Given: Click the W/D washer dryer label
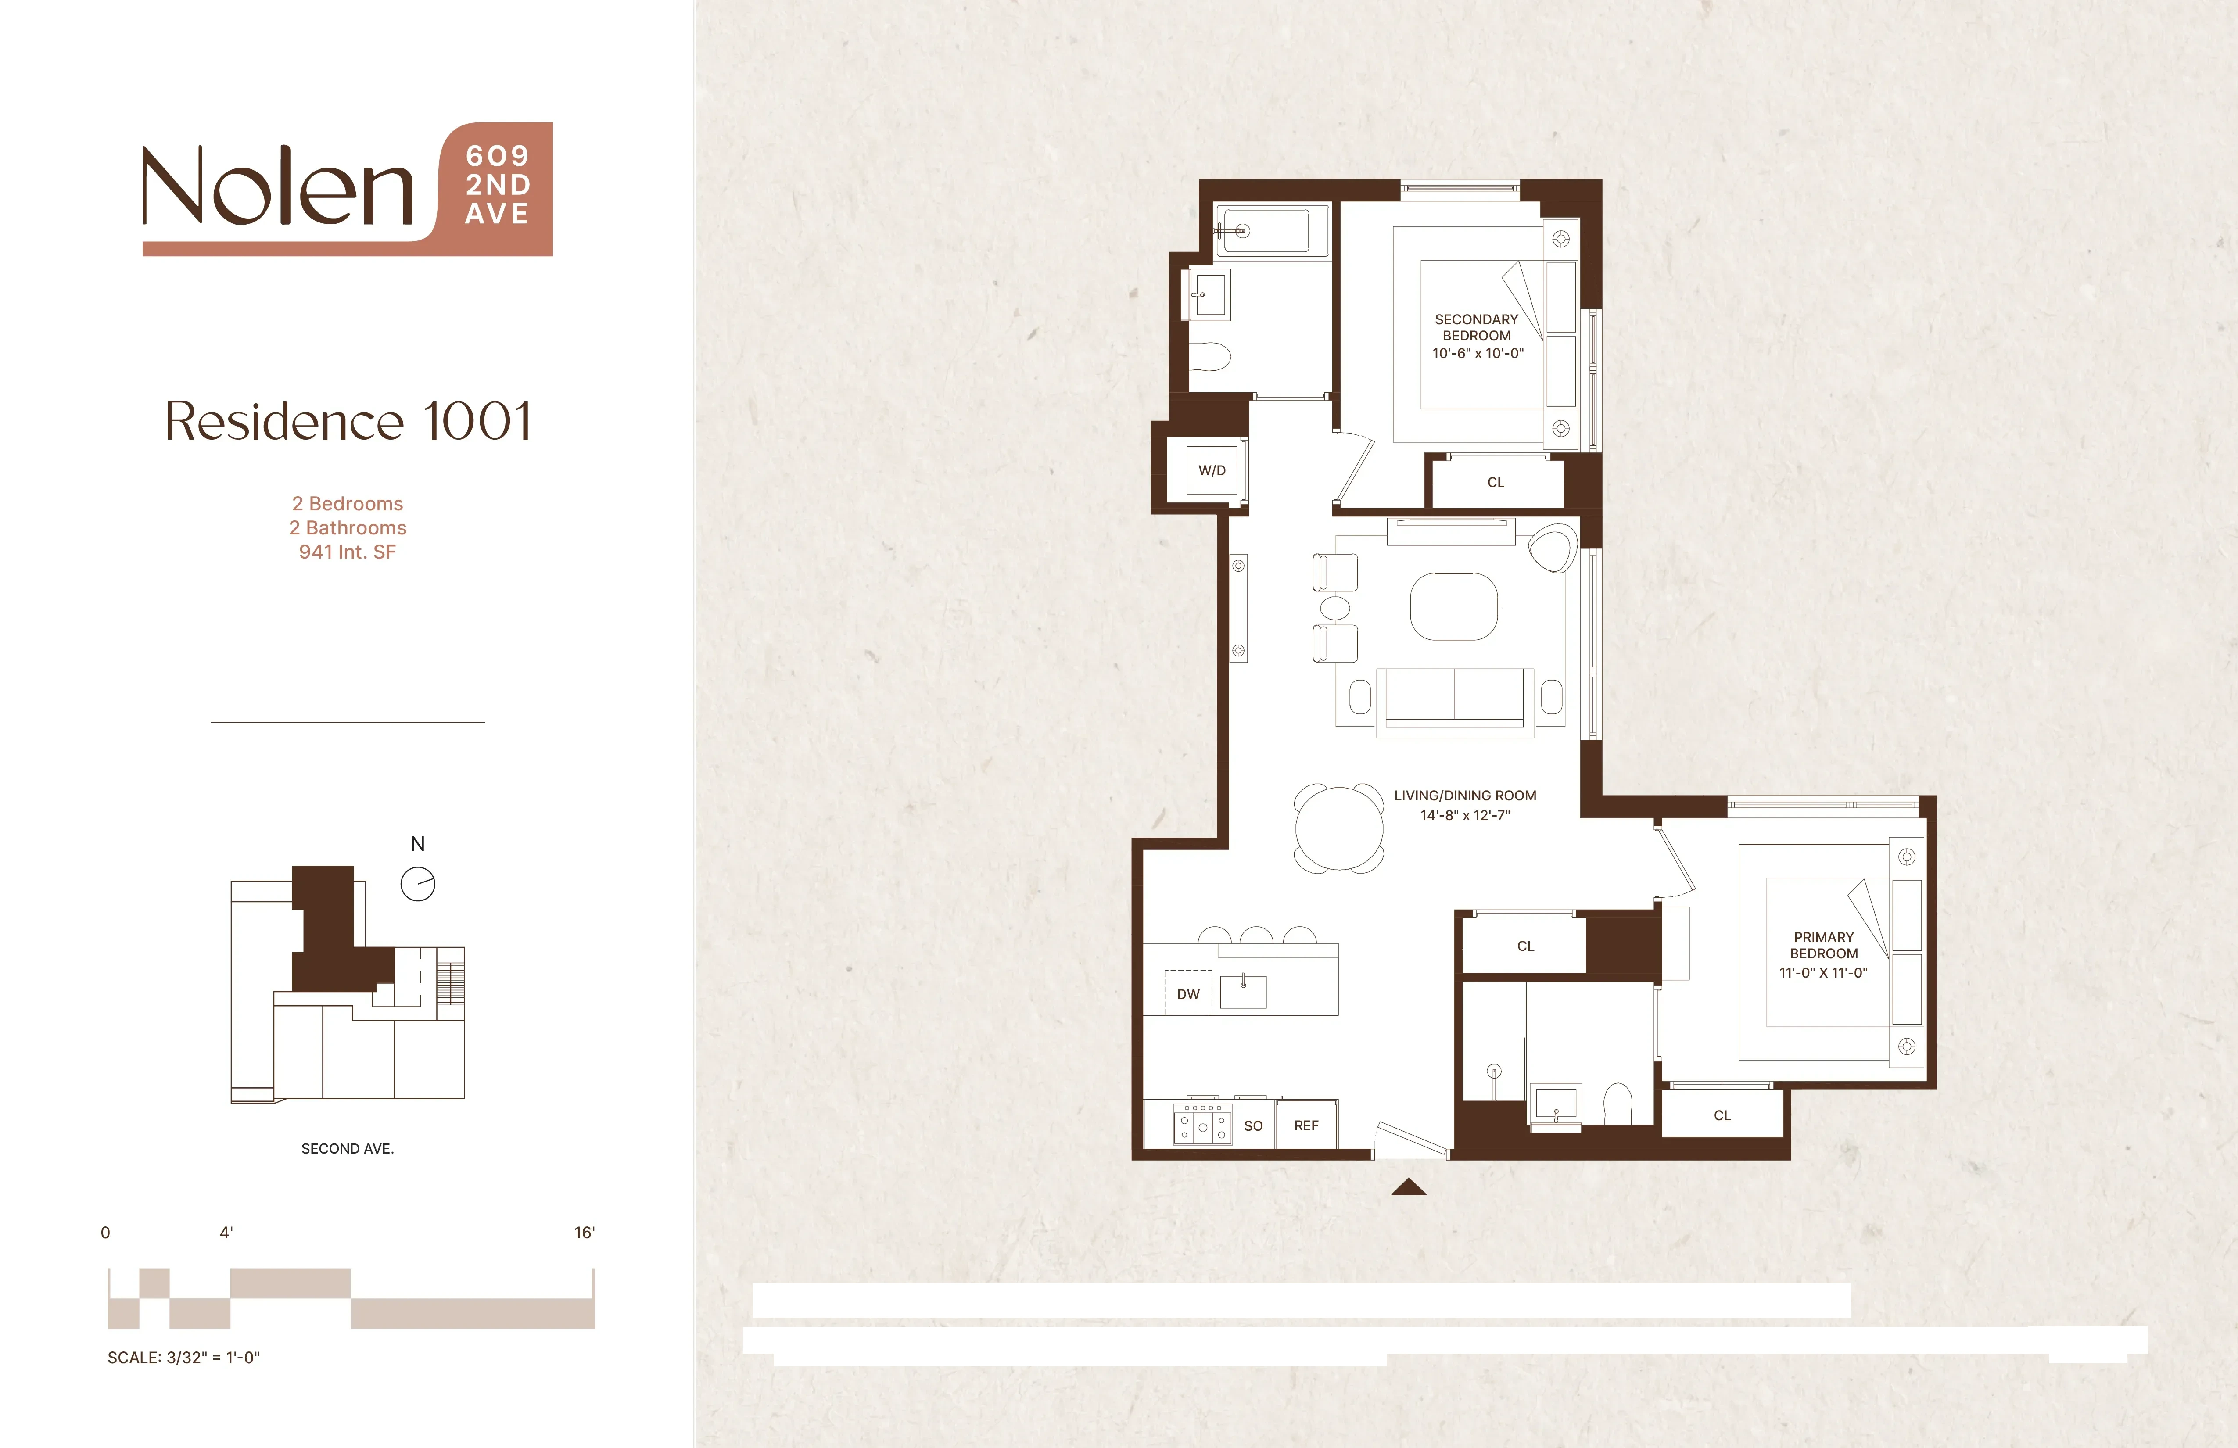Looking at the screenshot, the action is click(x=1212, y=470).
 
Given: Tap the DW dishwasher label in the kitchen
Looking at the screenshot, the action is click(x=1189, y=994).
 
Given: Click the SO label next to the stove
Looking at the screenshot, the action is click(x=1253, y=1125).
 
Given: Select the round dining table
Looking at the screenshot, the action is click(x=1339, y=828).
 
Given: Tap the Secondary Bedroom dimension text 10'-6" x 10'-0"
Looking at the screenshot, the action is click(x=1477, y=354).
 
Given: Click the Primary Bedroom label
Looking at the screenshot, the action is click(x=1823, y=945).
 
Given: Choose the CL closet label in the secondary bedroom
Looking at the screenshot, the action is click(x=1496, y=482).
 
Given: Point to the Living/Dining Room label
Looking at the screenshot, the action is click(x=1465, y=796).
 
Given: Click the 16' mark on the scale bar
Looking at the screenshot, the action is click(x=585, y=1233).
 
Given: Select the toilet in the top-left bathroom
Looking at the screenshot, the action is click(x=1210, y=357).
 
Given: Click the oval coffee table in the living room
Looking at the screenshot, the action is click(x=1454, y=606).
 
